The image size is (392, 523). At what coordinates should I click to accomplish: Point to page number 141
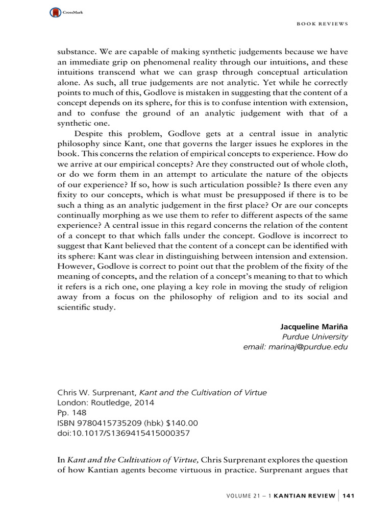coord(350,495)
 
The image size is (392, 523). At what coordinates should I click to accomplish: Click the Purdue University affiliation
coord(315,337)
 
